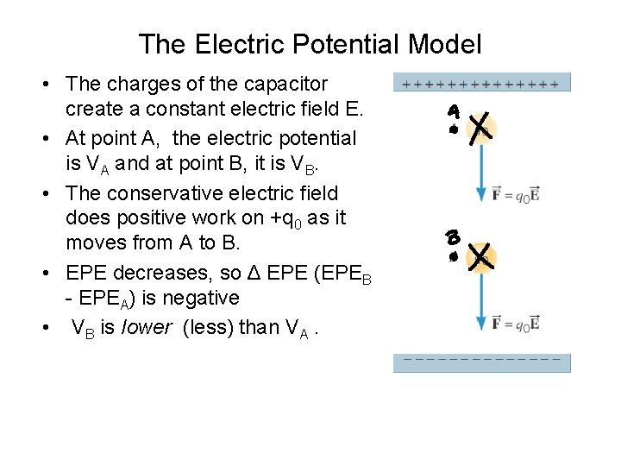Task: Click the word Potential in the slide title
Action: coord(343,44)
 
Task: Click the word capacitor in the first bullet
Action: coord(282,85)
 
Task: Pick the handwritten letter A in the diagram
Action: coord(454,112)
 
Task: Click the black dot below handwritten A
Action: coord(454,129)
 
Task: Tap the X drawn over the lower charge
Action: coord(479,255)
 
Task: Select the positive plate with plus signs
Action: coord(482,84)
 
